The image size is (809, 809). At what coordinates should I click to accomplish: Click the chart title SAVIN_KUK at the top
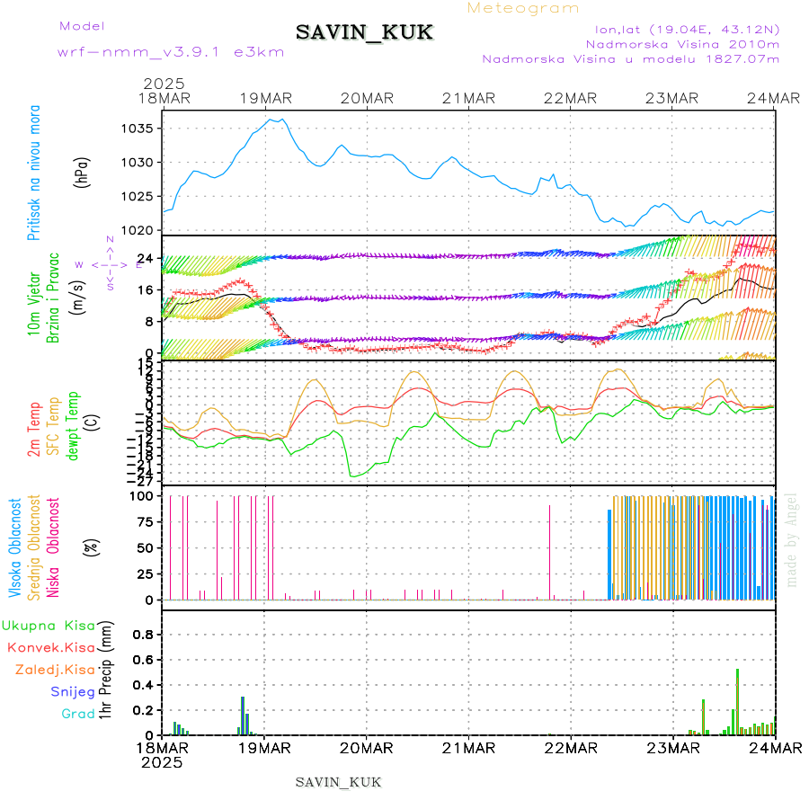coord(365,33)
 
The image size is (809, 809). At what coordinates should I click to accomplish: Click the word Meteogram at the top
coord(523,8)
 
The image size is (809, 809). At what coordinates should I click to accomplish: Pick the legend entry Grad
coord(78,714)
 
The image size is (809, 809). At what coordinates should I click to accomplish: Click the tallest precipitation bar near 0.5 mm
coord(737,701)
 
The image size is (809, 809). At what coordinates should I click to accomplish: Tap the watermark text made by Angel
coord(792,539)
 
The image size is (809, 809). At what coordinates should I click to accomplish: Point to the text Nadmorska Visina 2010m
coord(682,44)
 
